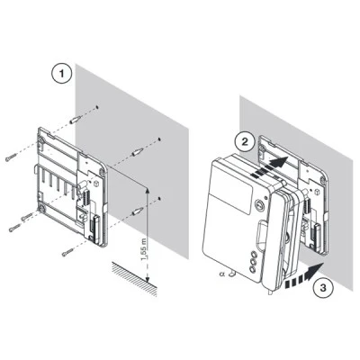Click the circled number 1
point(62,74)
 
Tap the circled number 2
point(245,142)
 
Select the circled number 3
point(323,288)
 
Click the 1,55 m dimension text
point(145,249)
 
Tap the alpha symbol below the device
point(222,274)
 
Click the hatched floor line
point(135,279)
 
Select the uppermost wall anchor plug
point(76,120)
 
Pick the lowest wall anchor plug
point(138,211)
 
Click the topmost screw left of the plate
point(11,157)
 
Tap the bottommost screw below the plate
point(67,252)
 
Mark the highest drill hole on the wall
point(97,106)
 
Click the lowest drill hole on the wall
point(159,198)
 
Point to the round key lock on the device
point(259,203)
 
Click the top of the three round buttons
point(255,254)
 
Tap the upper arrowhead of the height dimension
point(147,191)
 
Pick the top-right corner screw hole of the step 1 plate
point(103,171)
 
